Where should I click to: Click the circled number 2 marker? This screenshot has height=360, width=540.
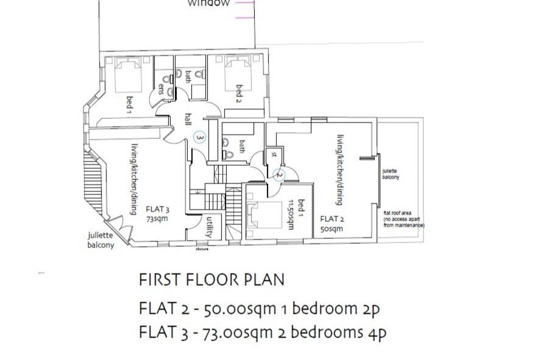pyautogui.click(x=279, y=174)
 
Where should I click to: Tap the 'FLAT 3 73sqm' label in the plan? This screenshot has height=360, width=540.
pyautogui.click(x=157, y=214)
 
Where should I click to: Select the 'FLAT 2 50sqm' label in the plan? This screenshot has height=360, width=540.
pyautogui.click(x=332, y=223)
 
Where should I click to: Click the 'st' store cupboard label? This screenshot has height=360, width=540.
pyautogui.click(x=274, y=155)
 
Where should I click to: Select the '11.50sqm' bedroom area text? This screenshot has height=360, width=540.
pyautogui.click(x=290, y=215)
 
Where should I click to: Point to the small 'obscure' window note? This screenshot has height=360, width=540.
pyautogui.click(x=202, y=249)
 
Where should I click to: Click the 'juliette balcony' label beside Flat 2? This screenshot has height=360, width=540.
pyautogui.click(x=391, y=174)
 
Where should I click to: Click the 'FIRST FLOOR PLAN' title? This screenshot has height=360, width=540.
pyautogui.click(x=211, y=280)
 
